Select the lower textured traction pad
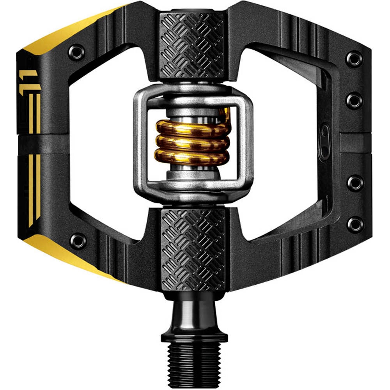point(193,250)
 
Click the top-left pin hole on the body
point(76,52)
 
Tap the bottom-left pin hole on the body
point(78,241)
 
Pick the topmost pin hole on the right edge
point(355,59)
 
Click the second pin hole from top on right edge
point(355,100)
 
